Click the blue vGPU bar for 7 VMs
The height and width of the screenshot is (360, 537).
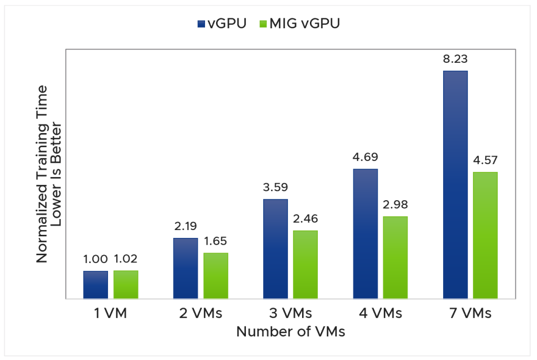tap(455, 184)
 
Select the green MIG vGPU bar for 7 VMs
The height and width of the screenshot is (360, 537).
tap(485, 235)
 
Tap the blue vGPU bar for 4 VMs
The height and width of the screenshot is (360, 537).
tap(365, 234)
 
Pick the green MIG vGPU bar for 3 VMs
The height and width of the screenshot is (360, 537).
tap(305, 265)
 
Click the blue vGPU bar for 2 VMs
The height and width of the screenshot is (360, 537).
tap(186, 268)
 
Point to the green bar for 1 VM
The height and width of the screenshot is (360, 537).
tap(126, 285)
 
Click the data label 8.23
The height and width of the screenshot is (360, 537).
tap(455, 60)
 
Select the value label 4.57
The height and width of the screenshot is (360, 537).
tap(485, 161)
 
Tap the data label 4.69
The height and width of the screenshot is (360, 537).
tap(365, 158)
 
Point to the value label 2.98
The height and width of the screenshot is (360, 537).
tap(395, 205)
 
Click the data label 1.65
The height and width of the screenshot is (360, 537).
tap(216, 242)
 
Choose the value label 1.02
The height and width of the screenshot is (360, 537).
tap(126, 259)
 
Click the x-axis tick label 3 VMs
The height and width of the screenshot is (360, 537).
tap(290, 314)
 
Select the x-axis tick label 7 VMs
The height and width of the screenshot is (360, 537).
tap(470, 314)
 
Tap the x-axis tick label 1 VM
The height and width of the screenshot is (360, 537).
tap(111, 314)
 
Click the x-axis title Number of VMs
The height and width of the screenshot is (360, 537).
tap(290, 332)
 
